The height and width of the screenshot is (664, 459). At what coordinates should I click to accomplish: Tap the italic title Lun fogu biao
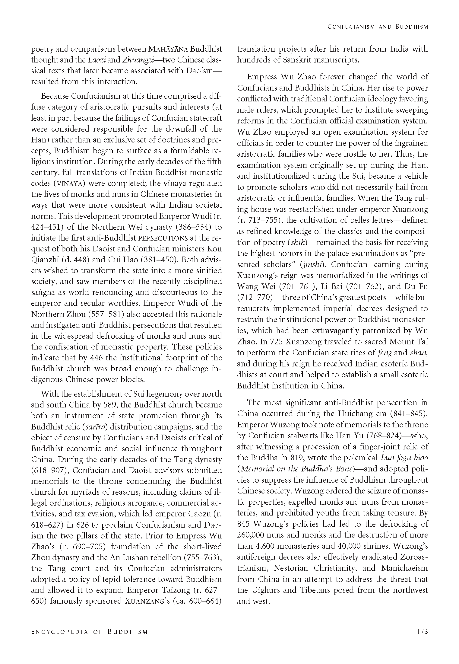404,457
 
